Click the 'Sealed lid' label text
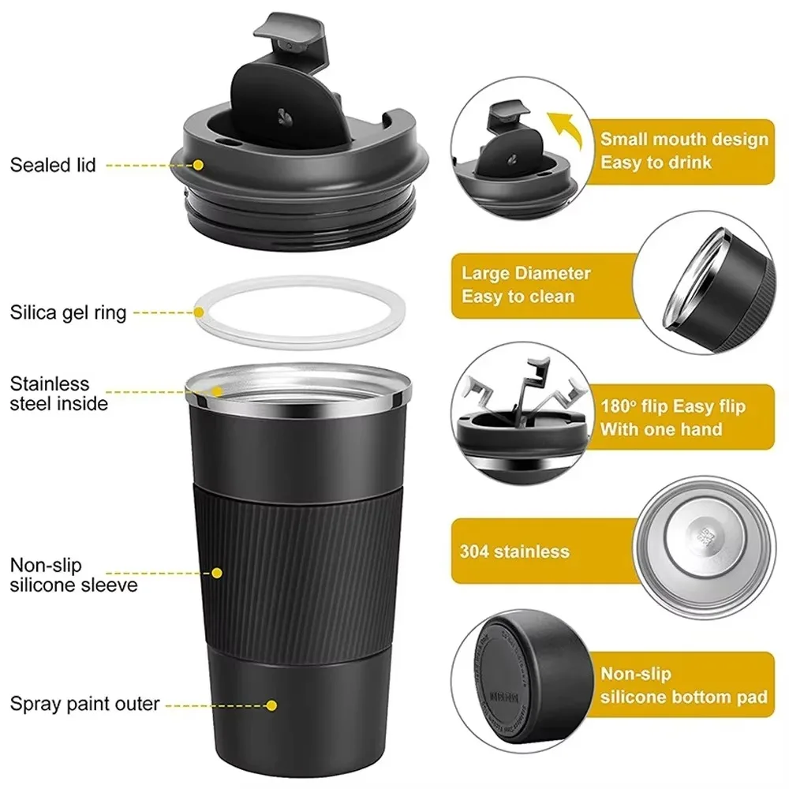pyautogui.click(x=53, y=166)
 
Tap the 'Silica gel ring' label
pyautogui.click(x=68, y=312)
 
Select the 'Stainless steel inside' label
pyautogui.click(x=59, y=394)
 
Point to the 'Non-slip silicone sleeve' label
pyautogui.click(x=73, y=574)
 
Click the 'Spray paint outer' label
pyautogui.click(x=85, y=703)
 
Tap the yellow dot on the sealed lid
pyautogui.click(x=198, y=165)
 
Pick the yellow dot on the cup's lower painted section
pyautogui.click(x=272, y=705)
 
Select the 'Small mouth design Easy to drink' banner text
pyautogui.click(x=683, y=151)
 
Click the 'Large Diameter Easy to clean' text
pyautogui.click(x=526, y=285)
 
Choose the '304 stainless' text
pyautogui.click(x=514, y=551)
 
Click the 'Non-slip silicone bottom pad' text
pyautogui.click(x=683, y=685)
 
